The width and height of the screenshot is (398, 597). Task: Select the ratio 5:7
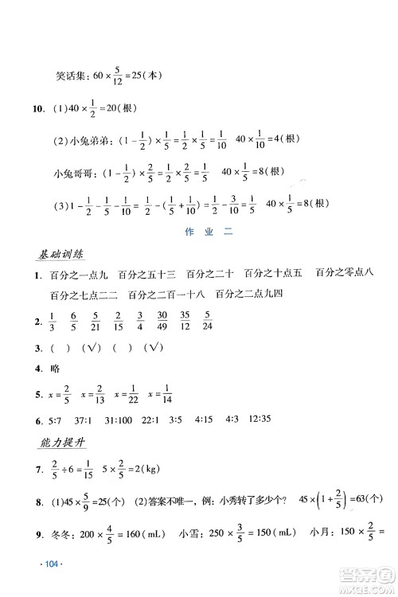point(57,419)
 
